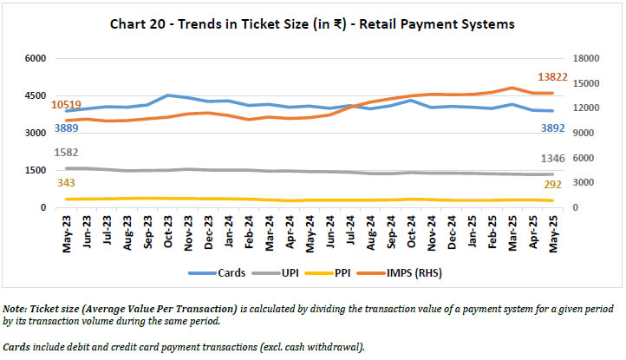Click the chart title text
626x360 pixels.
pos(312,23)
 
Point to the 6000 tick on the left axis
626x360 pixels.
pos(35,59)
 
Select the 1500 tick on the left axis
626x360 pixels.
pos(35,171)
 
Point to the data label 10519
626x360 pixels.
pos(67,106)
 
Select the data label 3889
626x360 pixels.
pos(67,128)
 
